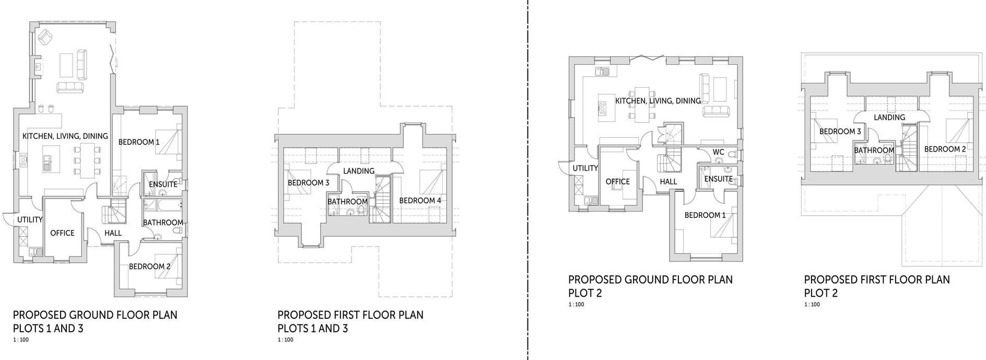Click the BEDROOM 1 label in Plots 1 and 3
coord(139,142)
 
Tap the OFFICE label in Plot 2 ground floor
coord(618,182)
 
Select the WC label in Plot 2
coord(719,153)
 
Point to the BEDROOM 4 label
coord(420,201)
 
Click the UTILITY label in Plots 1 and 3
coord(30,219)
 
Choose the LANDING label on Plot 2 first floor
coord(889,118)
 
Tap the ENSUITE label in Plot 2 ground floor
coord(718,179)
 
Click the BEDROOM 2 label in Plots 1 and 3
coord(150,266)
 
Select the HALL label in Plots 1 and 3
coord(113,233)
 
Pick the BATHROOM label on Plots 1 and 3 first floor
coord(347,202)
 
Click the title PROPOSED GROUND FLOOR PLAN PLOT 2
coord(650,286)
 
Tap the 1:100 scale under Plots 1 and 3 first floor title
coord(285,340)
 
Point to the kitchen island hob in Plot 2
coord(602,109)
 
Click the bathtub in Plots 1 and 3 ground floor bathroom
coord(162,204)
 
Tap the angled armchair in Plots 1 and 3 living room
coord(45,37)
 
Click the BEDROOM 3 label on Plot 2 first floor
coord(840,132)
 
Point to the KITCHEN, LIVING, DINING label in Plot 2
coord(658,101)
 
